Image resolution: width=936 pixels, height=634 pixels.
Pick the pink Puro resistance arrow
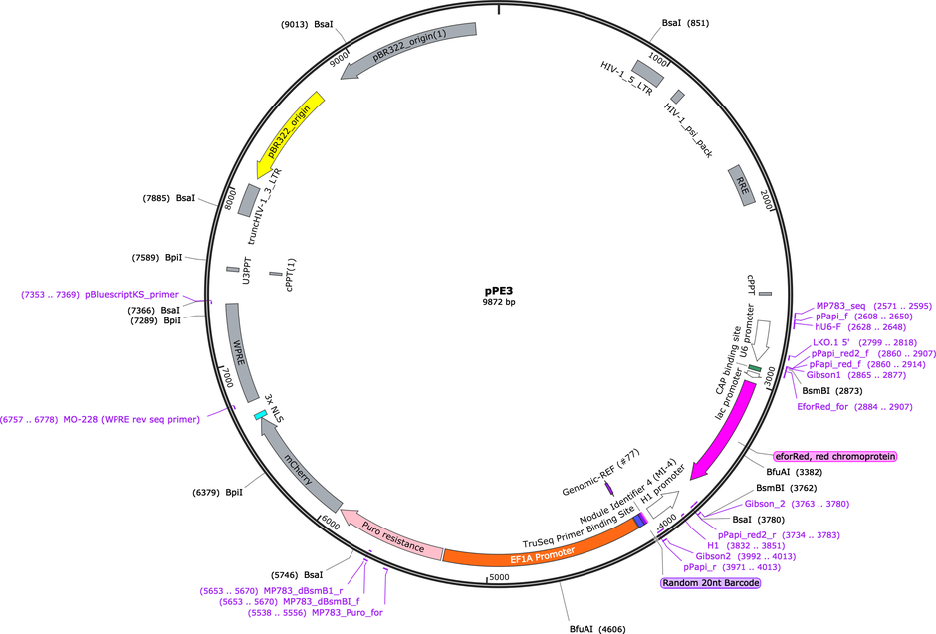coord(391,535)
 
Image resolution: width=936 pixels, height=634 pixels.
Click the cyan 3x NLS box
coord(261,414)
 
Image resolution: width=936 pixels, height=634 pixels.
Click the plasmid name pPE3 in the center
coord(499,291)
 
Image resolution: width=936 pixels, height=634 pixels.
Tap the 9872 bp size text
coord(499,302)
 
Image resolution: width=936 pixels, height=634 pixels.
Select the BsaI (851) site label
coord(685,23)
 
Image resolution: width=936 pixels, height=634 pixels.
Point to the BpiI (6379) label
coord(217,492)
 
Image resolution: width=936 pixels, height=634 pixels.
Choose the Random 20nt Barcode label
coord(711,582)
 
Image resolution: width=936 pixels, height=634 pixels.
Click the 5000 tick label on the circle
coord(499,577)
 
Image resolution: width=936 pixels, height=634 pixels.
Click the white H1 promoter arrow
coord(662,504)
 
